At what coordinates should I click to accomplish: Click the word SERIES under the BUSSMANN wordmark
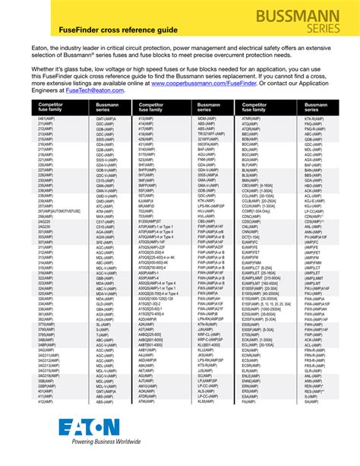pyautogui.click(x=328, y=29)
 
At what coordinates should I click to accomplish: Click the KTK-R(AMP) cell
pyautogui.click(x=314, y=119)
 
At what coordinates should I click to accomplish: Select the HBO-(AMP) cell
pyautogui.click(x=314, y=185)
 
